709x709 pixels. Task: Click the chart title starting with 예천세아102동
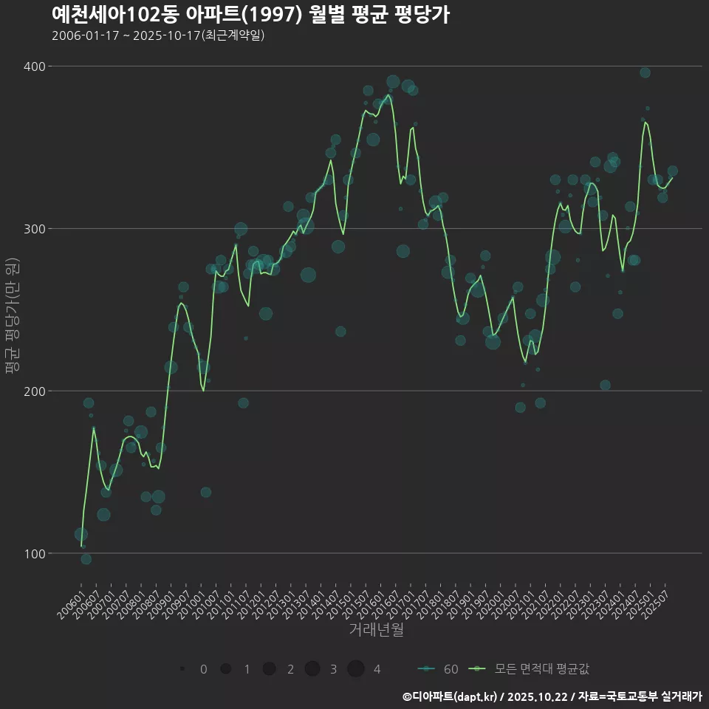tap(250, 15)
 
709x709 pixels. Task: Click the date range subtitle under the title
tap(158, 35)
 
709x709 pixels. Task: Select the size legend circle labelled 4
tap(356, 669)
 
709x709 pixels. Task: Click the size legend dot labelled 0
tap(182, 669)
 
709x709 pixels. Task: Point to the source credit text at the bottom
tap(552, 696)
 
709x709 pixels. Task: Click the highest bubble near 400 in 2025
tap(645, 72)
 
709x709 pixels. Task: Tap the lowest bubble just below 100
tap(86, 559)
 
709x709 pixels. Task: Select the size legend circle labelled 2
tap(269, 669)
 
